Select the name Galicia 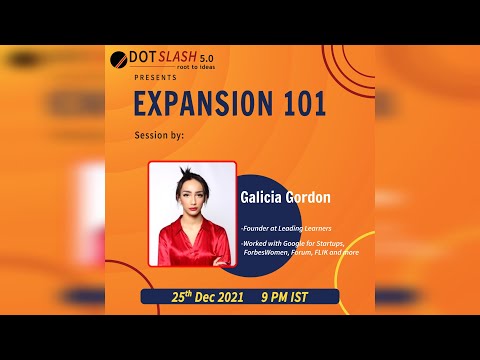pyautogui.click(x=262, y=197)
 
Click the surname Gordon pyautogui.click(x=309, y=197)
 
